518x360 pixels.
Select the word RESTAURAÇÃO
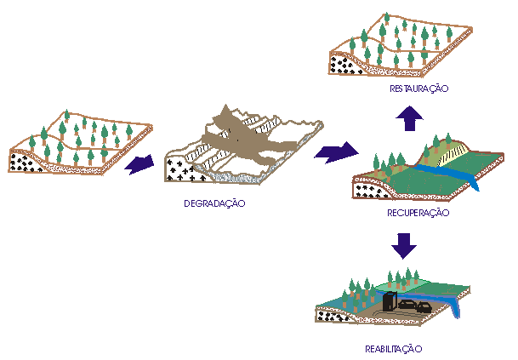pyautogui.click(x=418, y=89)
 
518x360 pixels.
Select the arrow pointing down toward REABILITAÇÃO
pyautogui.click(x=407, y=246)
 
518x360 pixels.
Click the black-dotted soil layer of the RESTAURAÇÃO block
pyautogui.click(x=344, y=65)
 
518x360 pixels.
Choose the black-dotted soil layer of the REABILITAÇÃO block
pyautogui.click(x=327, y=316)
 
